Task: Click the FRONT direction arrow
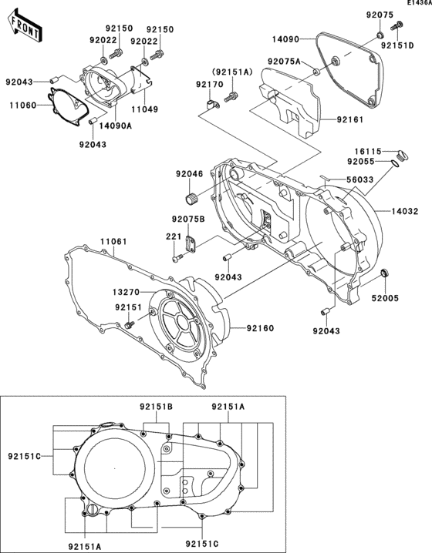tap(24, 25)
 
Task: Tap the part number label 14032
tap(405, 211)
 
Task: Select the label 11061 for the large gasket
tap(113, 242)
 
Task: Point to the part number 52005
tap(385, 298)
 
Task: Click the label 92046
tap(190, 174)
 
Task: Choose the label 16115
tap(368, 152)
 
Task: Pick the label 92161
tap(349, 119)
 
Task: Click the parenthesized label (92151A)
tap(232, 72)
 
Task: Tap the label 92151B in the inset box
tap(156, 407)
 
